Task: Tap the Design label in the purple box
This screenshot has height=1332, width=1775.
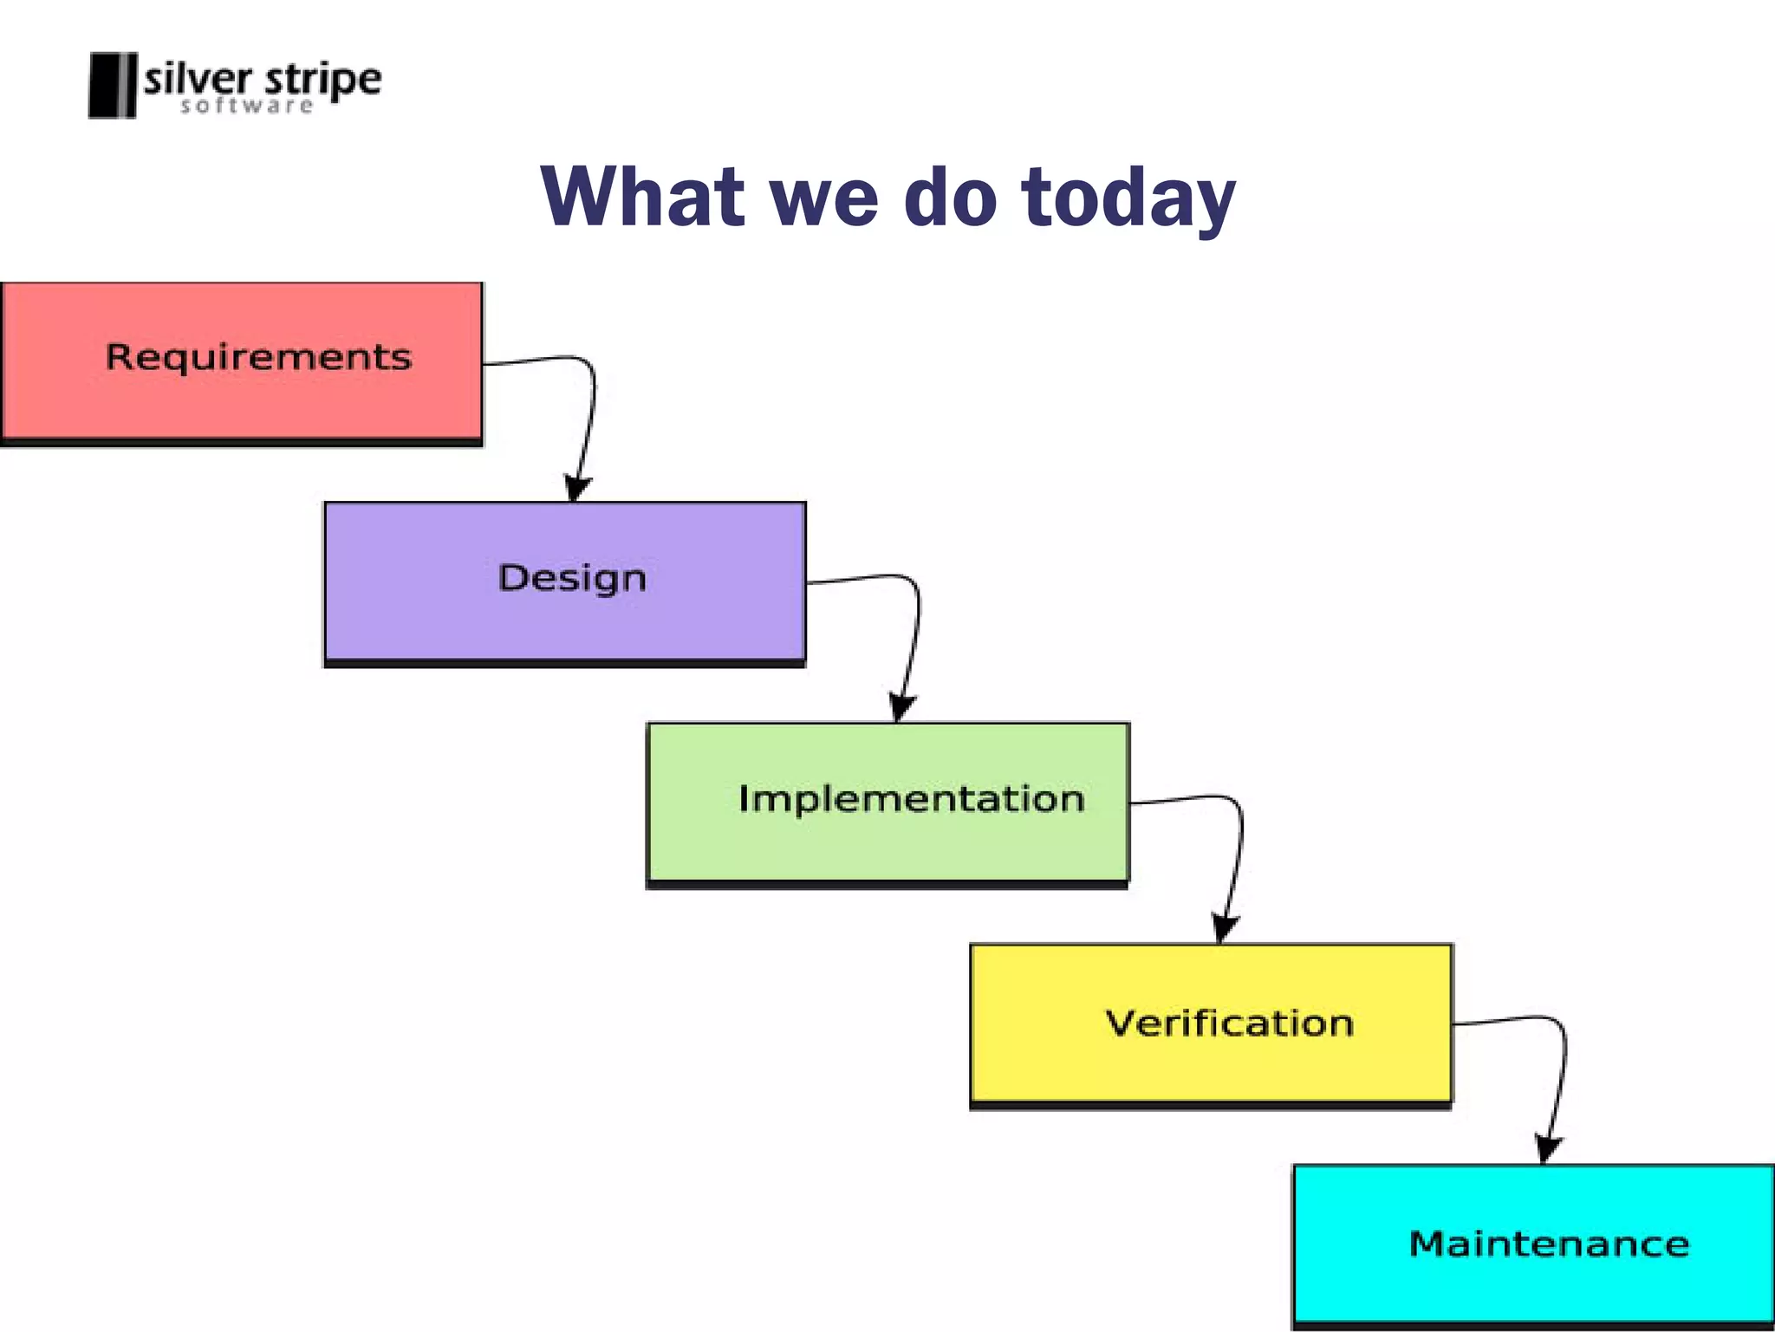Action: [x=572, y=578]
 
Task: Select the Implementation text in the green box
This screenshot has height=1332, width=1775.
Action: [x=911, y=798]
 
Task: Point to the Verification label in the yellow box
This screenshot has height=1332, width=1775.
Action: [x=1229, y=1023]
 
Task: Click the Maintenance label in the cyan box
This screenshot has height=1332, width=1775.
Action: [x=1549, y=1244]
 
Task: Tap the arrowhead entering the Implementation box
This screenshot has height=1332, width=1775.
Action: [x=901, y=708]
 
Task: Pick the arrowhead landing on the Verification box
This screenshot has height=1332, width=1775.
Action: [x=1224, y=929]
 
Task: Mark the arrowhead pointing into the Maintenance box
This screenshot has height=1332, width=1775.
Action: [x=1548, y=1149]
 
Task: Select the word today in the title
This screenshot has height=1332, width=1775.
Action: [x=1128, y=199]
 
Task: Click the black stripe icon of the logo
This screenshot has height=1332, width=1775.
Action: [x=113, y=85]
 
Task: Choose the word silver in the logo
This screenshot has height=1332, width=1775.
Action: [x=198, y=80]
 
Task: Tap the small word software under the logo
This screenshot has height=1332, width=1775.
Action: [x=246, y=107]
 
